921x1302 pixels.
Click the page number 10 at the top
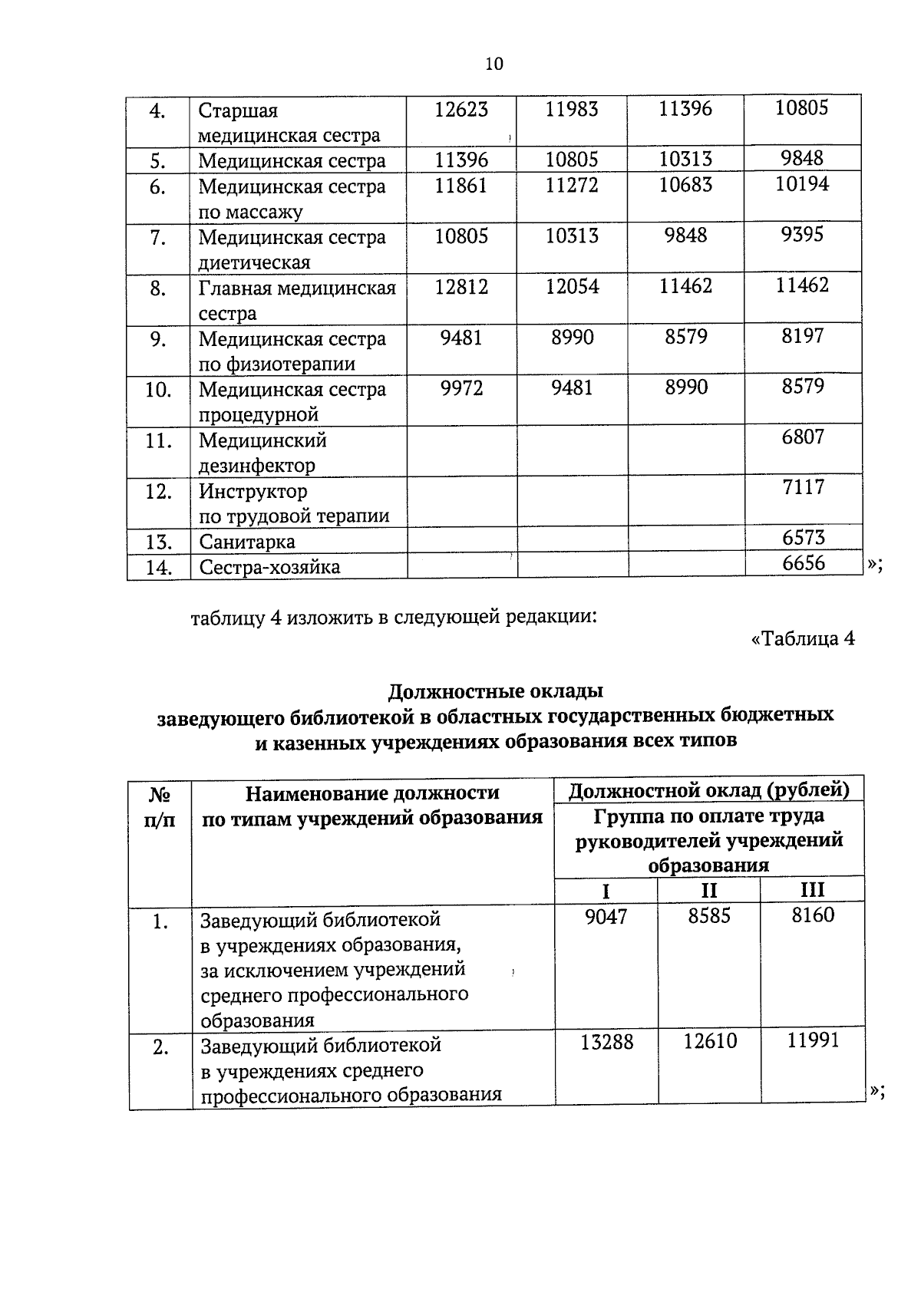tap(494, 64)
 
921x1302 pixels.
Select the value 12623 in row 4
tap(460, 110)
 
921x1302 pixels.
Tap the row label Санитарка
tap(246, 542)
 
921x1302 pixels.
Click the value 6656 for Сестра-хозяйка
tap(804, 563)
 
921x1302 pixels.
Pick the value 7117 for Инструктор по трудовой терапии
tap(803, 487)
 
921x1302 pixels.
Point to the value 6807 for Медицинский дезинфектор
tap(803, 437)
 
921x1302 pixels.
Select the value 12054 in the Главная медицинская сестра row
tap(572, 286)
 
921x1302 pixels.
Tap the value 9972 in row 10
tap(461, 387)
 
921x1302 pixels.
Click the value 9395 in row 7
tap(803, 235)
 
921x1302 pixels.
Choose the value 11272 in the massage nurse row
tap(572, 185)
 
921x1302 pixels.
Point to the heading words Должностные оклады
tap(495, 691)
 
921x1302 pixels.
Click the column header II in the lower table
tap(708, 890)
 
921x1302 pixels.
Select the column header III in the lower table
tap(812, 890)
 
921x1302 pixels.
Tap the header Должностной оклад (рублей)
tap(709, 789)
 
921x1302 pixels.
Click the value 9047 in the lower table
tap(606, 916)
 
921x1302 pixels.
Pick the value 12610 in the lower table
tap(710, 1041)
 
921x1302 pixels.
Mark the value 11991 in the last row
tap(813, 1041)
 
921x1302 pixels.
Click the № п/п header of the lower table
tap(160, 806)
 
